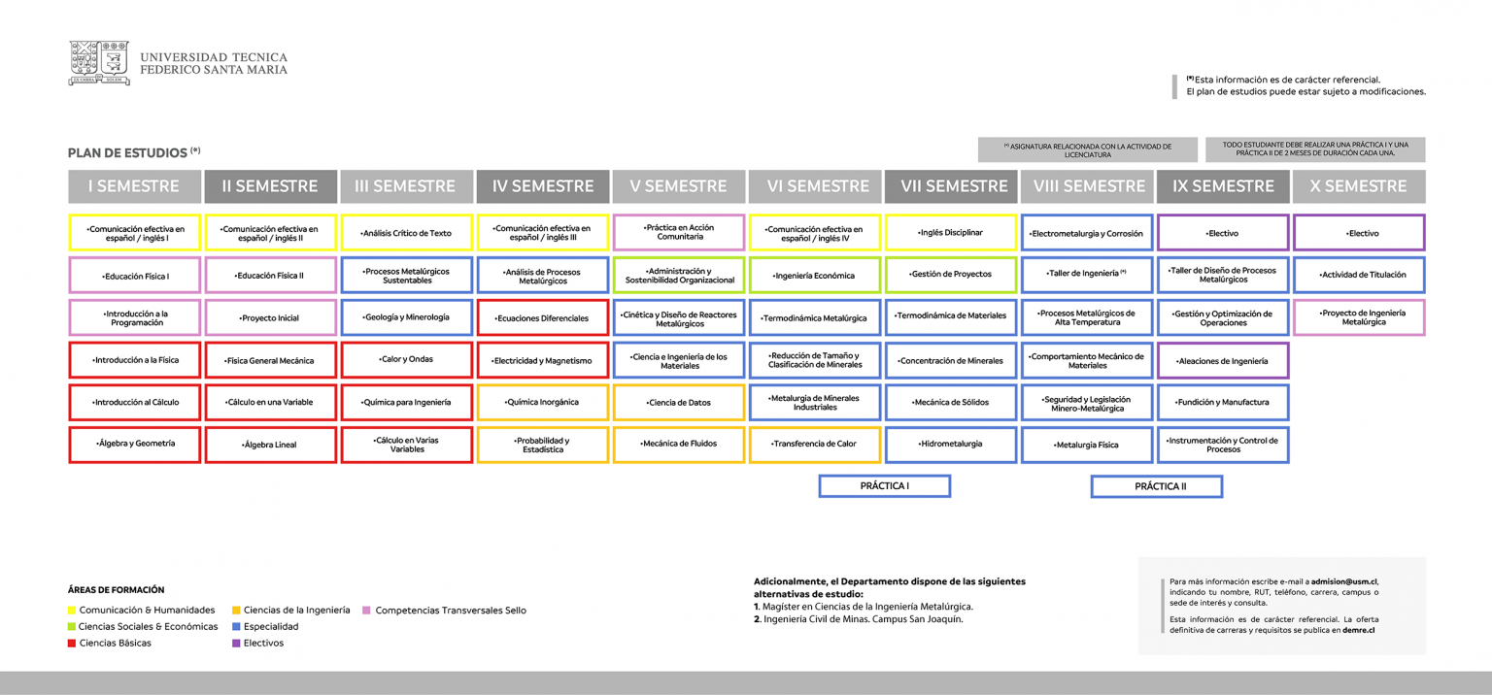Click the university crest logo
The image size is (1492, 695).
point(99,62)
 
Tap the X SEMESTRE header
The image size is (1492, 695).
point(1359,186)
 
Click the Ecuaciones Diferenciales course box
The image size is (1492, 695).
point(543,317)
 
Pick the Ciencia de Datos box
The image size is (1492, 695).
point(679,402)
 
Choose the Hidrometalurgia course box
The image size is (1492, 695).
point(951,444)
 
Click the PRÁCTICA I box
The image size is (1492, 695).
point(885,486)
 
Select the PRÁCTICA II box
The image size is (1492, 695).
point(1157,486)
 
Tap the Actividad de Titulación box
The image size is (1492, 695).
point(1359,275)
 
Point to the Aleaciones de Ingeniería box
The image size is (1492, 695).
point(1223,360)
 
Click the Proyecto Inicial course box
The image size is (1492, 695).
point(270,317)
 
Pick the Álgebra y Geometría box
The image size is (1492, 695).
point(135,444)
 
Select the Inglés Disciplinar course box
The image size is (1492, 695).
point(951,232)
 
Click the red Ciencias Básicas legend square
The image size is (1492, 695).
point(71,644)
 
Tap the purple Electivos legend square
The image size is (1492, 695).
point(236,644)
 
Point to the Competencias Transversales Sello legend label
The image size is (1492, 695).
point(451,610)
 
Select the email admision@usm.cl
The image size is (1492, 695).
point(1344,581)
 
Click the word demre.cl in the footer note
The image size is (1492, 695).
point(1358,630)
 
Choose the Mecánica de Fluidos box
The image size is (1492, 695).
point(679,444)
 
